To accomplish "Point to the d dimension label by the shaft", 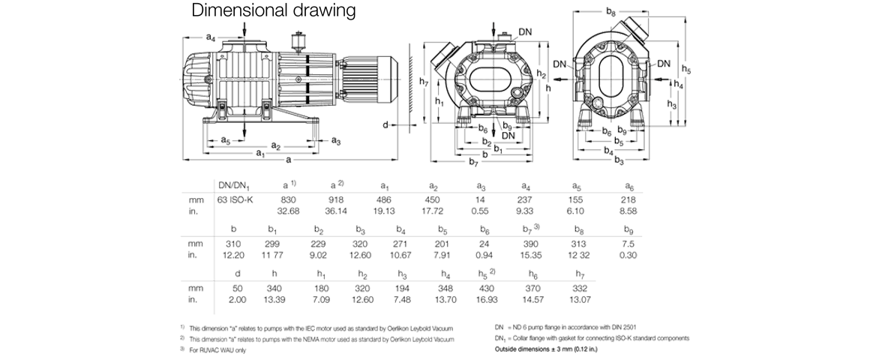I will [385, 124].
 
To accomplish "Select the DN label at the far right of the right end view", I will [664, 65].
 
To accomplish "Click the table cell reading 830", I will [286, 199].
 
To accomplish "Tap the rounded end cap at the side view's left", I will [196, 79].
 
